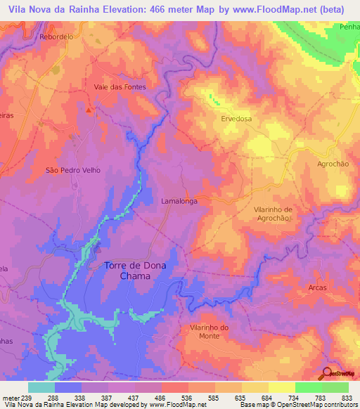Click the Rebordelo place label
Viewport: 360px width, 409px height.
57,36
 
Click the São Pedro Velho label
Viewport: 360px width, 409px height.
73,170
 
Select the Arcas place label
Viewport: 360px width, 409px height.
318,287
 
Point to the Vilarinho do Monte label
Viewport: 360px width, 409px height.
210,332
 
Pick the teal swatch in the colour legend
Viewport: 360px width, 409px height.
41,387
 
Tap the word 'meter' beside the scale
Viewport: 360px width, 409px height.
11,397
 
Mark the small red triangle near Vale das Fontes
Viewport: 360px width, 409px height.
89,110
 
